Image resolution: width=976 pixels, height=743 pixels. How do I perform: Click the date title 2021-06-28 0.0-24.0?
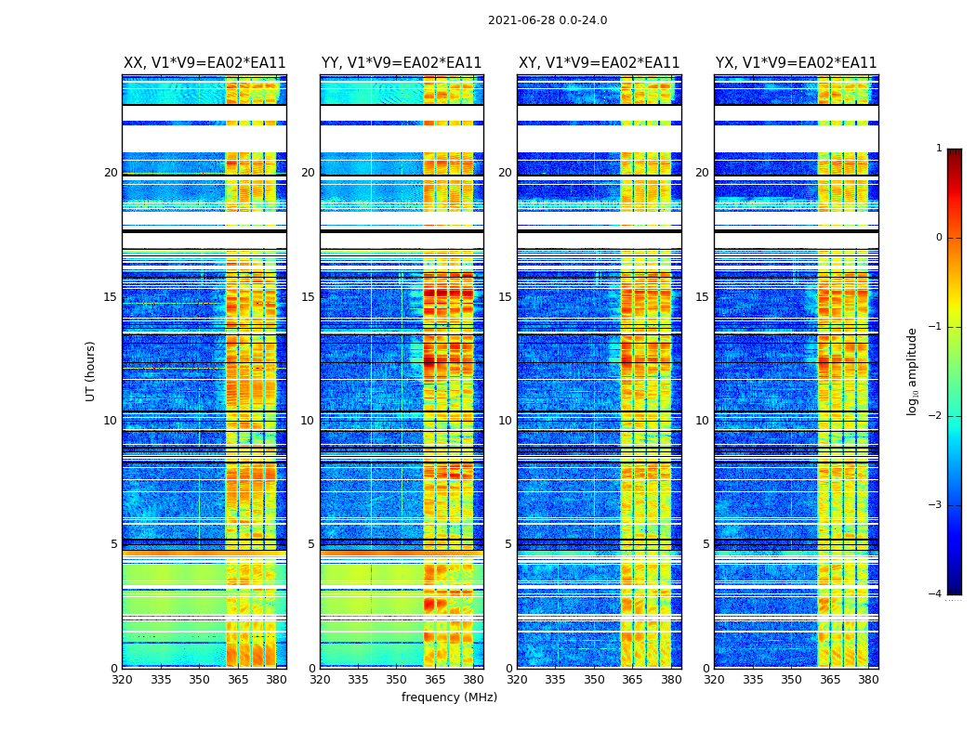tap(547, 20)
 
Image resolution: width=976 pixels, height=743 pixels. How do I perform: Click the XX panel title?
tap(204, 63)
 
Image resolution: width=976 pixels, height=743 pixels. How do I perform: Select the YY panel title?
tap(402, 63)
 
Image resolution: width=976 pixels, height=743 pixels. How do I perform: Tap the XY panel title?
tap(600, 63)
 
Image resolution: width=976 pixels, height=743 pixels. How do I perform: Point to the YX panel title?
tap(797, 63)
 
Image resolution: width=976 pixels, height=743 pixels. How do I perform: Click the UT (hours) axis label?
tap(91, 371)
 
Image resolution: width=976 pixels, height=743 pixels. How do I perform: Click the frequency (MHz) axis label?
tap(449, 697)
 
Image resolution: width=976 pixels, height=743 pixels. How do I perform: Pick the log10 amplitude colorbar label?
tap(913, 371)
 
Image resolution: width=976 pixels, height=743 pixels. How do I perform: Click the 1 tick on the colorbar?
tap(939, 149)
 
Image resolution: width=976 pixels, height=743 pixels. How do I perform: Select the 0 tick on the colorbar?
tap(939, 238)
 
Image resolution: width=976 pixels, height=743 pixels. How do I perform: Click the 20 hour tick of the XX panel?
tap(112, 173)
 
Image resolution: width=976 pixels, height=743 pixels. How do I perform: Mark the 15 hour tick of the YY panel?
tap(308, 297)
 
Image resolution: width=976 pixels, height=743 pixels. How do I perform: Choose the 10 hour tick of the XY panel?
tap(505, 421)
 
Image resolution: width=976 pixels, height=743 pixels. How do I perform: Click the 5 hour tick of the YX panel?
tap(706, 544)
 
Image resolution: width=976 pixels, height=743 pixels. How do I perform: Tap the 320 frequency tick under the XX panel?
tap(123, 680)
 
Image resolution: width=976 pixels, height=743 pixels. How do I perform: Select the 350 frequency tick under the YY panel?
tap(397, 680)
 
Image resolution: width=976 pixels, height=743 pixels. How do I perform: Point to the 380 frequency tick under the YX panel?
tap(868, 680)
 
